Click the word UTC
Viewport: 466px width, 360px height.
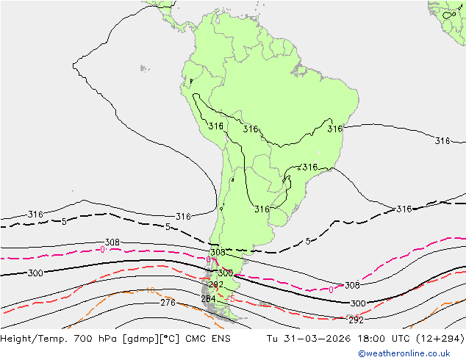387,339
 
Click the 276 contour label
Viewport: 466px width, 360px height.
168,303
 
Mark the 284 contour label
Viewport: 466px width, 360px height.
209,299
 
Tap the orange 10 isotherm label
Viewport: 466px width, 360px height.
150,290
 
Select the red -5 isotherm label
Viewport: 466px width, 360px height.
231,299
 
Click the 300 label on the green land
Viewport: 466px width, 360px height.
225,273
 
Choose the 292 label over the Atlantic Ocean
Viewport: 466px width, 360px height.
356,320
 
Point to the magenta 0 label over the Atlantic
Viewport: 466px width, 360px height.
331,289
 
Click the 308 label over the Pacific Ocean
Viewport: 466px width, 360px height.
112,242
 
